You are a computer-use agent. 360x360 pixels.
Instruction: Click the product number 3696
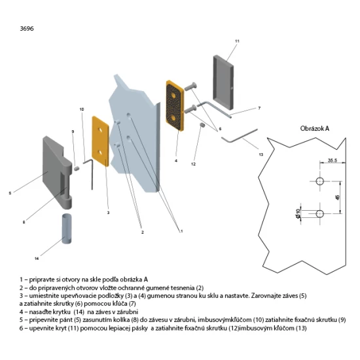(27, 28)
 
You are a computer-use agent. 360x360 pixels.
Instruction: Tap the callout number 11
(237, 41)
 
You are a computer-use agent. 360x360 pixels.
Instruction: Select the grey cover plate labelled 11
(223, 82)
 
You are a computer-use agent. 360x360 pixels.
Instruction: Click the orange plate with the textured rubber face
(175, 105)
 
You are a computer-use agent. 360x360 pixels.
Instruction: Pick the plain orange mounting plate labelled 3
(100, 141)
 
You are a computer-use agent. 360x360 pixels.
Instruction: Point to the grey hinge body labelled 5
(58, 172)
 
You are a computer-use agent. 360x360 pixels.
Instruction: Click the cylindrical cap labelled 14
(67, 228)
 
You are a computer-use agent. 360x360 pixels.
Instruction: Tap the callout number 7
(259, 108)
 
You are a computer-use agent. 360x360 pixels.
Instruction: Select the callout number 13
(261, 154)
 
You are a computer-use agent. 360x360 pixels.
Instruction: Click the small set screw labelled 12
(202, 125)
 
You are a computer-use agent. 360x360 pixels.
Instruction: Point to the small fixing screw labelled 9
(77, 168)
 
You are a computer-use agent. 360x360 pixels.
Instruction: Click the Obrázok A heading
(315, 128)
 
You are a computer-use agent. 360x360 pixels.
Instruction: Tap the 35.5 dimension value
(333, 160)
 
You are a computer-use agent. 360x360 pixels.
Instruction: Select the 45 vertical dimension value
(337, 197)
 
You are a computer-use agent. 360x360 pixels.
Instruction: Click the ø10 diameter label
(298, 214)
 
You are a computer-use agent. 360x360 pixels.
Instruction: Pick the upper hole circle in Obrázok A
(320, 181)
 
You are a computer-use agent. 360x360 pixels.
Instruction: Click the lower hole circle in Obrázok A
(320, 214)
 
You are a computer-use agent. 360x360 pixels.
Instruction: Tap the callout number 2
(142, 232)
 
